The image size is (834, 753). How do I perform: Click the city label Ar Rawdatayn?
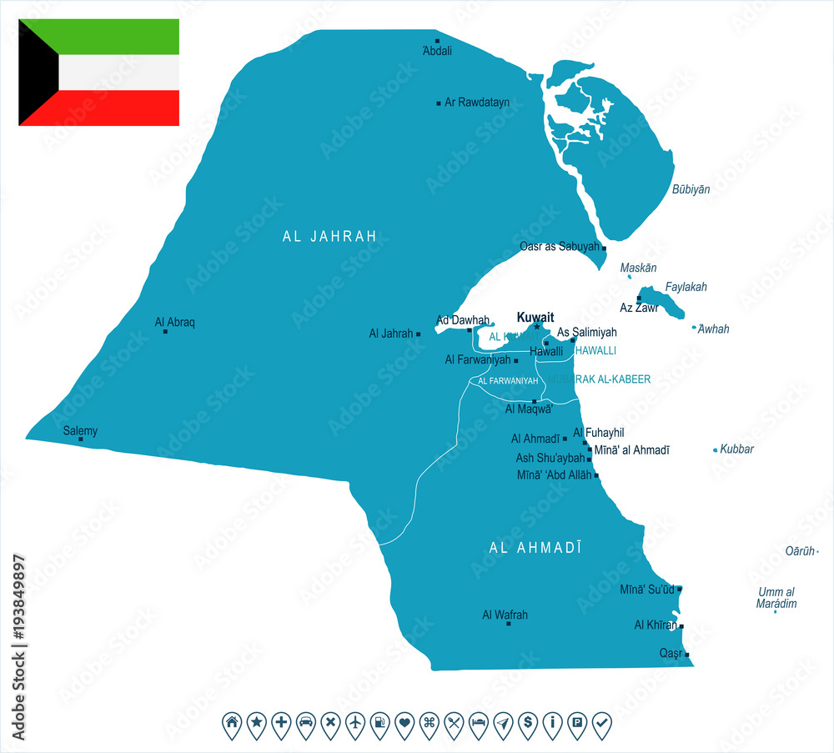point(476,103)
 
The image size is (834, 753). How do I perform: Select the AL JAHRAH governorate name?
point(329,237)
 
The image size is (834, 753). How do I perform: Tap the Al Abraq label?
point(175,321)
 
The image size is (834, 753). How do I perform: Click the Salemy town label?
point(80,430)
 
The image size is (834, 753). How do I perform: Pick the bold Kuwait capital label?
point(535,317)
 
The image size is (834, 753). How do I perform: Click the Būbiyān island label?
point(691,189)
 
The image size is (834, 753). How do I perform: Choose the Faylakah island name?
point(686,287)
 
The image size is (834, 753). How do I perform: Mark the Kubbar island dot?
point(715,450)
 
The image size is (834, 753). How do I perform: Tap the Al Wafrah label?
point(505,615)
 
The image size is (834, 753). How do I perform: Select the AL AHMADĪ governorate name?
point(535,548)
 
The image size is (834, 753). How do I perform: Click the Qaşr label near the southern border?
point(671,654)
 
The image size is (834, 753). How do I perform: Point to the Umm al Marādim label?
point(777,598)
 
